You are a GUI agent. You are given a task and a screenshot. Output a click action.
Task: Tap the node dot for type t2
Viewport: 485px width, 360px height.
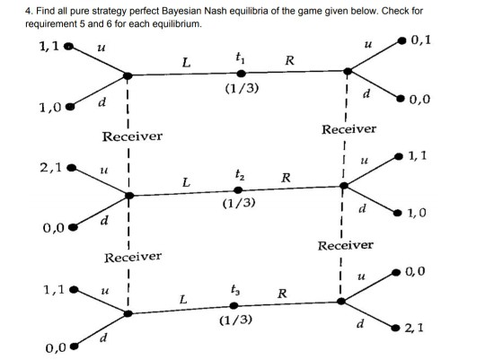[x=238, y=189]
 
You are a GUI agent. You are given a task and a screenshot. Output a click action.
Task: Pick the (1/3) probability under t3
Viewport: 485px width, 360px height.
[x=234, y=320]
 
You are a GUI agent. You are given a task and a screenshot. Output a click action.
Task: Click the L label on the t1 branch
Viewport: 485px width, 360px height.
[x=186, y=62]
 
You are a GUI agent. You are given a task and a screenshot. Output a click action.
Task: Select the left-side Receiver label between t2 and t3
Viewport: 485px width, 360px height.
[x=132, y=257]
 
